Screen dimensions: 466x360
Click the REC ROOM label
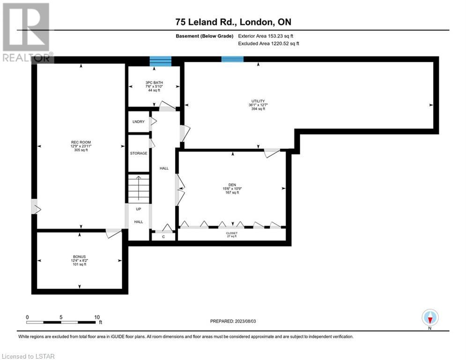(x=81, y=142)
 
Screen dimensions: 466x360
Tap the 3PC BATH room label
(x=154, y=82)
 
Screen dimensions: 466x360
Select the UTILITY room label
(x=258, y=101)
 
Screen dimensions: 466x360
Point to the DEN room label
(x=232, y=185)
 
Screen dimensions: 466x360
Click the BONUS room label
(x=79, y=256)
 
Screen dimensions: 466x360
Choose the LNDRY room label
(x=139, y=122)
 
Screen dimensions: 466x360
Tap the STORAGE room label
(x=139, y=153)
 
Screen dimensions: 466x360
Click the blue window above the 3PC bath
(x=161, y=61)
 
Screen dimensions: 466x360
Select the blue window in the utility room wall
(x=232, y=59)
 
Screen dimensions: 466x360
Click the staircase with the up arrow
(x=139, y=188)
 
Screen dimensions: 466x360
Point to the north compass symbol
(x=430, y=318)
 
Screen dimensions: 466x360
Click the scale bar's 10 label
(x=97, y=317)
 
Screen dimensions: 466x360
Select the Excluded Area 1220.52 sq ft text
(x=269, y=44)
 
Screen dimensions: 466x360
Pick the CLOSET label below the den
(x=232, y=233)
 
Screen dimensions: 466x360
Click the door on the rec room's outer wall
(x=36, y=206)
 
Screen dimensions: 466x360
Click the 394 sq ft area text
(x=258, y=109)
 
